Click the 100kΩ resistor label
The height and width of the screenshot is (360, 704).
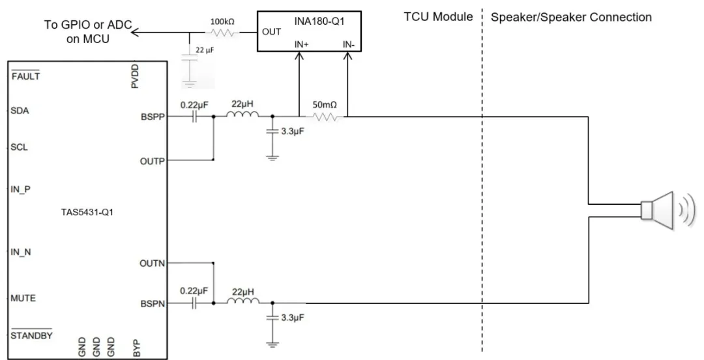tap(220, 22)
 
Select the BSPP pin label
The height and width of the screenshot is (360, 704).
tap(153, 119)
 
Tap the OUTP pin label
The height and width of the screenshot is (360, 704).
tap(153, 160)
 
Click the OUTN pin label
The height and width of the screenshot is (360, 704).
tap(153, 264)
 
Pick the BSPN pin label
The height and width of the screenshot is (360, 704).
tap(153, 304)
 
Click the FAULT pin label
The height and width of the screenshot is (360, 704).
tap(26, 76)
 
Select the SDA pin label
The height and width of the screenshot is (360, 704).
tap(20, 111)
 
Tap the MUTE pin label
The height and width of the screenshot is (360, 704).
tap(23, 299)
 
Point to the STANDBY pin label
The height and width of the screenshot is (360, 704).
tap(31, 336)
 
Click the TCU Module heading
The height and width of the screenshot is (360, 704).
tap(438, 17)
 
